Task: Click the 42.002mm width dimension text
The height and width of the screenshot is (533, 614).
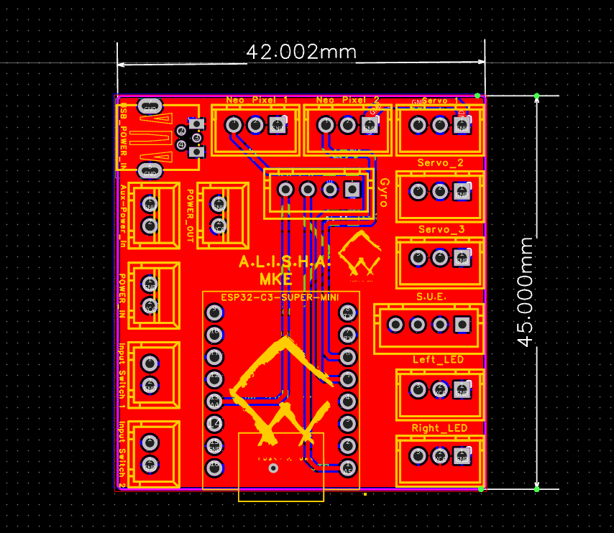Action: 301,52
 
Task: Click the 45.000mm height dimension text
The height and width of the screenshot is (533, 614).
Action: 527,292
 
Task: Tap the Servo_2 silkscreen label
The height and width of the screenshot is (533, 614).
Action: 440,163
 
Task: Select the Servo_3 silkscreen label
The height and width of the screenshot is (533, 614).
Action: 440,229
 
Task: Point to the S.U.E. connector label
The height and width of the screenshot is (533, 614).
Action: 431,296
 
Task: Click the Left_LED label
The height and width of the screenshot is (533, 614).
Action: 438,359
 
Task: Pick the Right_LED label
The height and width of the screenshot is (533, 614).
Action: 439,428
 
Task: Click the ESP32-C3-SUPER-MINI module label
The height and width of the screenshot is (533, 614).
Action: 280,297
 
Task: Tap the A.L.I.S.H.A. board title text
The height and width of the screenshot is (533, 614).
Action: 284,263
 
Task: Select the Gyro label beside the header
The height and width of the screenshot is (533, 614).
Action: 384,193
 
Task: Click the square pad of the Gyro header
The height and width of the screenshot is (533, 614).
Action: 352,189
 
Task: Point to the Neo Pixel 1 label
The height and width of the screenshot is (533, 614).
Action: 257,100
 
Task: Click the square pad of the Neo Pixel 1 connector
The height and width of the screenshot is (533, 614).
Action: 277,125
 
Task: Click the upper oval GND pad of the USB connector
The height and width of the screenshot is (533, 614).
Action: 150,107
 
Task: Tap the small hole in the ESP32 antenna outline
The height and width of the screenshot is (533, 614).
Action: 272,468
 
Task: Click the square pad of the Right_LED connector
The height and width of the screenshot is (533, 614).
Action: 461,455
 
